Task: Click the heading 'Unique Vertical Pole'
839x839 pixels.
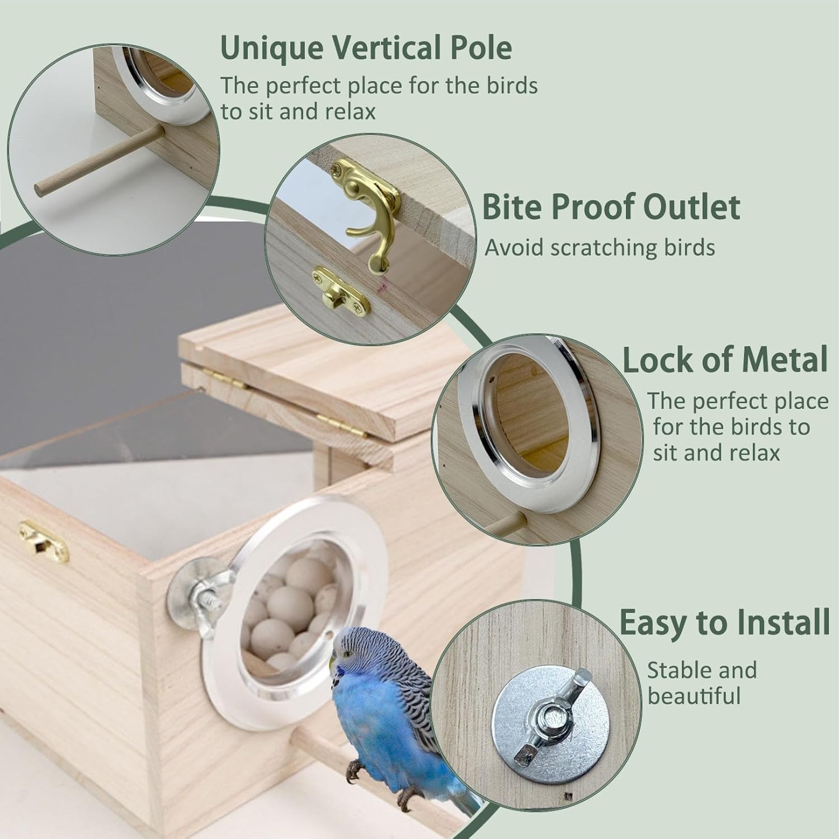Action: pyautogui.click(x=366, y=48)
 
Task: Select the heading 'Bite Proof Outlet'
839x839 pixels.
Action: pyautogui.click(x=611, y=207)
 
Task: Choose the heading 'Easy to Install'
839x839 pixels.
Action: pyautogui.click(x=724, y=623)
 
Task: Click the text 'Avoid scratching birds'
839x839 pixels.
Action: pyautogui.click(x=600, y=247)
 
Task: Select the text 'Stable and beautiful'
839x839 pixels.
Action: pyautogui.click(x=702, y=684)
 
